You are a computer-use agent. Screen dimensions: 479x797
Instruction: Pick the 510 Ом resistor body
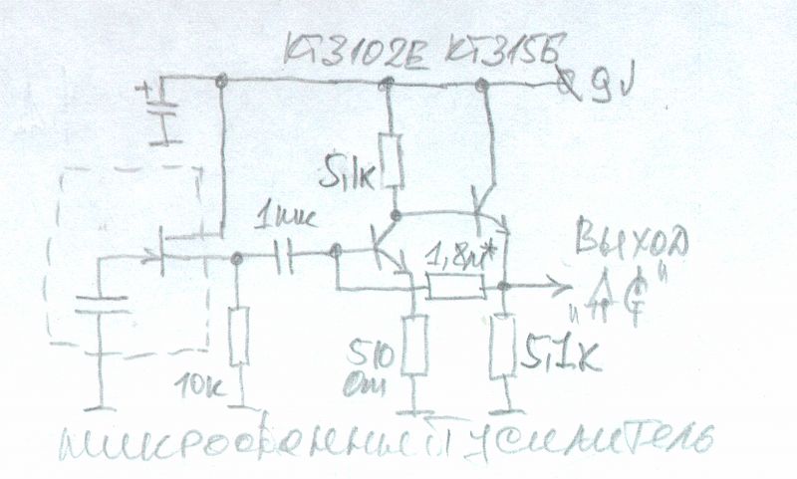[x=413, y=348]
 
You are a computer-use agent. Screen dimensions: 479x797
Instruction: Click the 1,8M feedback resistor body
[x=455, y=289]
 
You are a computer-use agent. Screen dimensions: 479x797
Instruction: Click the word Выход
[x=630, y=242]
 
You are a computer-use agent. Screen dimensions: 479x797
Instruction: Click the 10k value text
[x=200, y=382]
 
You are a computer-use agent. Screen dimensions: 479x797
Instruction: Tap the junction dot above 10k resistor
[x=237, y=258]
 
